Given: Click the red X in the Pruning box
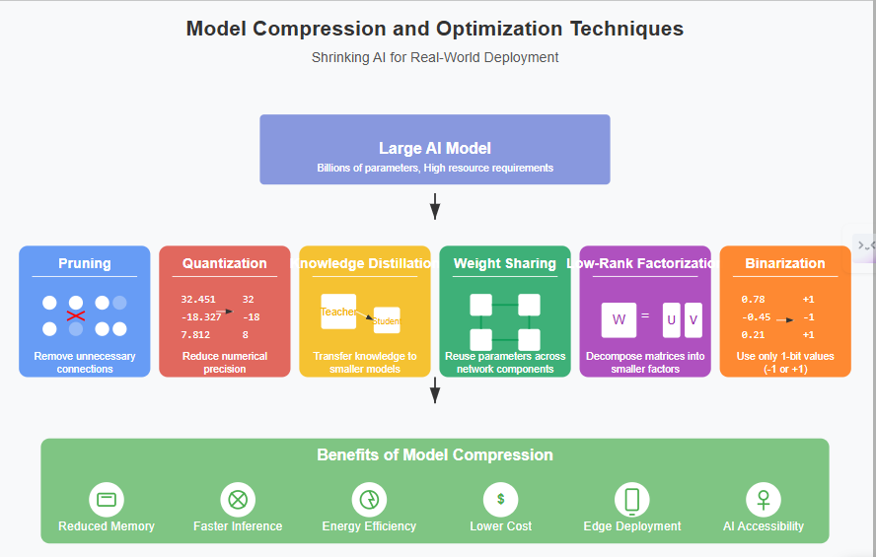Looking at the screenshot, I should tap(75, 315).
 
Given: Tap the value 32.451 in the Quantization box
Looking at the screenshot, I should tap(198, 299).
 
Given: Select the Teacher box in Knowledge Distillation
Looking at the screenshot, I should tap(337, 312).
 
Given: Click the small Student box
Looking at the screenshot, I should tap(387, 320).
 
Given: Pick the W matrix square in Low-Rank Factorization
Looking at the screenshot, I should tap(619, 319).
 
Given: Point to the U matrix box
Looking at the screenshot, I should tap(672, 319).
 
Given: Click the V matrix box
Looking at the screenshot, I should tap(693, 319).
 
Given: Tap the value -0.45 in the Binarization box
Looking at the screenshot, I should tap(756, 316).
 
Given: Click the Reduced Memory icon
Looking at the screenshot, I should tap(107, 499).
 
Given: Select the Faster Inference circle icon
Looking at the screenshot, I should tap(238, 499).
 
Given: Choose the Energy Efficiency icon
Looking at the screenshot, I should tap(369, 499).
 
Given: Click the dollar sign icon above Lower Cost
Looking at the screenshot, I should tap(500, 499).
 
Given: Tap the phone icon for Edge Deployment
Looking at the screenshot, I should tap(632, 499).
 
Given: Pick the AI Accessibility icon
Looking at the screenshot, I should tap(764, 499).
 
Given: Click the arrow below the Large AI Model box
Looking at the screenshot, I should tap(435, 206).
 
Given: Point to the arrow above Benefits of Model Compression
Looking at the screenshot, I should tap(435, 390).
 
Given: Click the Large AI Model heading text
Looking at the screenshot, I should tap(435, 148).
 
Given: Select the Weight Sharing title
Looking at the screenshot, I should tap(505, 263).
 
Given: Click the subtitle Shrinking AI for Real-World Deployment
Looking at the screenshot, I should tap(435, 57).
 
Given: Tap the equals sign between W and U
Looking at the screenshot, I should tap(645, 316).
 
